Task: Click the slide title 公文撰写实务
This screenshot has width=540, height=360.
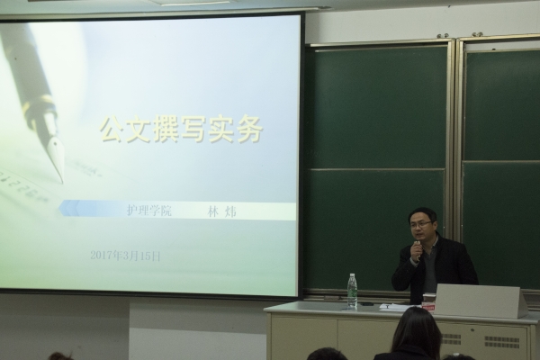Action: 181,130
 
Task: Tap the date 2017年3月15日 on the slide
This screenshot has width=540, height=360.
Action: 125,256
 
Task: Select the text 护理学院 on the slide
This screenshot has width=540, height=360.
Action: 149,210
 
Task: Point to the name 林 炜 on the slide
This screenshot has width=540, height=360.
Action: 221,211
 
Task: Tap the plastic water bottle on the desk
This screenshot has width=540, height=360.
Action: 352,290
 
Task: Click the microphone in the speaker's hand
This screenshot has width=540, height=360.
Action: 418,250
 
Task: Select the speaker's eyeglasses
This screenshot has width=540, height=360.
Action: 421,224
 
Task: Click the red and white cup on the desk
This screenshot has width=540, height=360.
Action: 428,301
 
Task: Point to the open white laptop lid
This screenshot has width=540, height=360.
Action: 481,301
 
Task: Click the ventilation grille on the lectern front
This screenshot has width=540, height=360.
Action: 501,341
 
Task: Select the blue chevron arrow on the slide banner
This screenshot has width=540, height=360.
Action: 69,208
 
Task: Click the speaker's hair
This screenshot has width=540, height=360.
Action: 423,213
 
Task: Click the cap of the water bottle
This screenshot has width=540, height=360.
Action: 352,275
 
